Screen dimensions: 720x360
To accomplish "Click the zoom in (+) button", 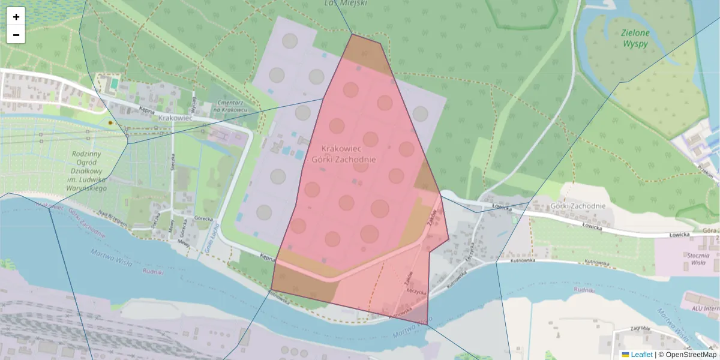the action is (16, 17).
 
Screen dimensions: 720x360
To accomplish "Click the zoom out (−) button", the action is (16, 35).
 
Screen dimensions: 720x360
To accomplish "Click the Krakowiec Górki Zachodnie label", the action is (344, 154).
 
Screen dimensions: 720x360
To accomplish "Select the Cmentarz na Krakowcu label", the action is (230, 106).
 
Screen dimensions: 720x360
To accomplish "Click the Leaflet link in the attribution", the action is (641, 355).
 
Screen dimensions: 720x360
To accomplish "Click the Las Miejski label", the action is (345, 2).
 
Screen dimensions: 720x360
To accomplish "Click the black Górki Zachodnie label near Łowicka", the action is (578, 206).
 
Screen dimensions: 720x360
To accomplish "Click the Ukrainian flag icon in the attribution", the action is (625, 355).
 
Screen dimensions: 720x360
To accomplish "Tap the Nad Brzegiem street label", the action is (112, 220).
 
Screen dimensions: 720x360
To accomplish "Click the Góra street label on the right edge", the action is (711, 230).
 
